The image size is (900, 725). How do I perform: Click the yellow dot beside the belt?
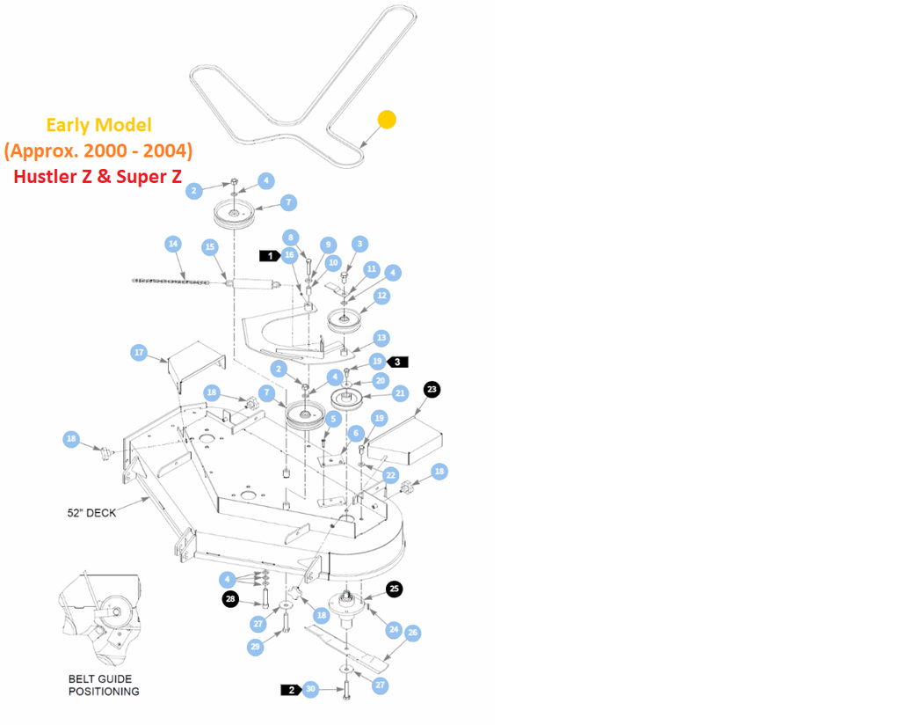387,119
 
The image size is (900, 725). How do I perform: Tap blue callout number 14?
173,244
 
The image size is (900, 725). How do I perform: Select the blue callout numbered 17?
139,353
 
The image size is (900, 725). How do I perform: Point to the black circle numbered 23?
432,389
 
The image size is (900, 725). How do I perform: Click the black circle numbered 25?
395,590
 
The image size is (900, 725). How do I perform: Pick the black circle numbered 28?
229,599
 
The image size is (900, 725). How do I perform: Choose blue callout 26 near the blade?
412,633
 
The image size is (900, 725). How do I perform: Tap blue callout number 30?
310,689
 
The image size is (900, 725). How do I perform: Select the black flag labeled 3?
398,361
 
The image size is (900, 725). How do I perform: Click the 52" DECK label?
91,512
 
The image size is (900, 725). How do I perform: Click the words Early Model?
98,125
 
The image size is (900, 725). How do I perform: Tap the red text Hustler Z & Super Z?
98,176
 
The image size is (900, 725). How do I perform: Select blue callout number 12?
381,297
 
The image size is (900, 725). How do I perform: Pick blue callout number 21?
401,393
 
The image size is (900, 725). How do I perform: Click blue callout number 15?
210,247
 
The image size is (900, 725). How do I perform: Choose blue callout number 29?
256,647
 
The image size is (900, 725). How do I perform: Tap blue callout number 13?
381,338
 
